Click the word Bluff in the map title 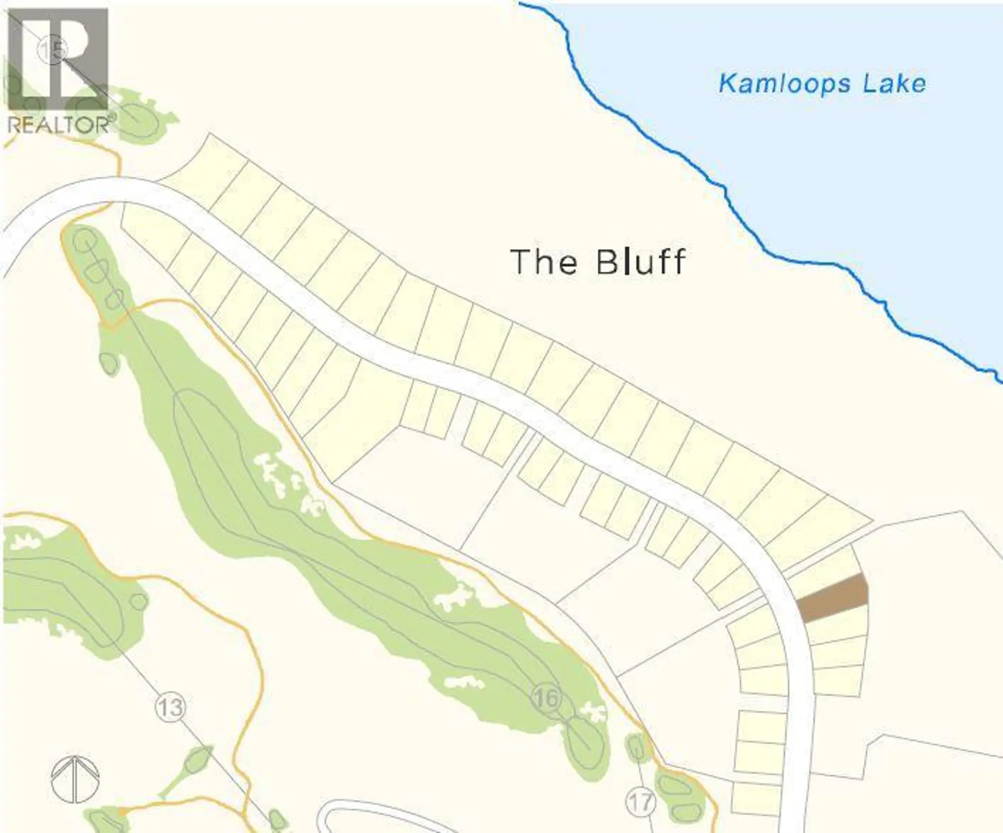(x=641, y=262)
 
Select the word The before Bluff (x=544, y=262)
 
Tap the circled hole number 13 (x=171, y=707)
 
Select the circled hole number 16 (x=546, y=697)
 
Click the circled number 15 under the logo (x=53, y=50)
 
